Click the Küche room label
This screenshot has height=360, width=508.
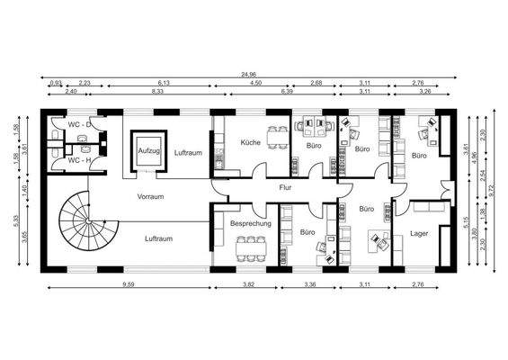click(x=251, y=144)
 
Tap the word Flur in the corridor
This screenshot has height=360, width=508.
click(x=285, y=188)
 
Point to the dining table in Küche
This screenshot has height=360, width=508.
click(x=280, y=139)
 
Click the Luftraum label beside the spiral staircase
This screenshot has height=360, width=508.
click(x=158, y=238)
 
